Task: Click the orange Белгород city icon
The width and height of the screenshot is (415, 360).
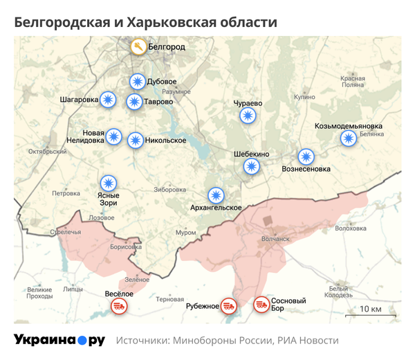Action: point(138,48)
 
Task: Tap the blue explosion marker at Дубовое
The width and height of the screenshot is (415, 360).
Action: point(138,82)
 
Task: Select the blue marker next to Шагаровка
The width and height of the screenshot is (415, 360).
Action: point(108,100)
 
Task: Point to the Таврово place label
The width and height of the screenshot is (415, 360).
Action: point(159,102)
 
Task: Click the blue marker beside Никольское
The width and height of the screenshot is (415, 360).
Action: point(136,140)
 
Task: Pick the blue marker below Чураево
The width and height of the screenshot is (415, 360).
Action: point(247,116)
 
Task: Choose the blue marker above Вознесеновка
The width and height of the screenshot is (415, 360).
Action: point(306,156)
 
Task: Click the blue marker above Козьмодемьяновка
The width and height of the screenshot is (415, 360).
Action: point(349,138)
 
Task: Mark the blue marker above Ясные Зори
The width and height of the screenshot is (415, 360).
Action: point(108,183)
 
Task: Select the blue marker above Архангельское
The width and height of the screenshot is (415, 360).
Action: point(216,195)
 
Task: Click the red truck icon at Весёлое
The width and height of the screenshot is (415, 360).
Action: point(118,305)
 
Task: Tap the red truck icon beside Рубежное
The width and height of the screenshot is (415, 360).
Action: point(229,305)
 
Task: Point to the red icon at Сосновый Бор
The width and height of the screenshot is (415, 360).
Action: point(261,304)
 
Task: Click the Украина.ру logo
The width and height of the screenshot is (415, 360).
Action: point(59,340)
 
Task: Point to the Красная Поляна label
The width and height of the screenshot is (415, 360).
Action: point(352,81)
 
